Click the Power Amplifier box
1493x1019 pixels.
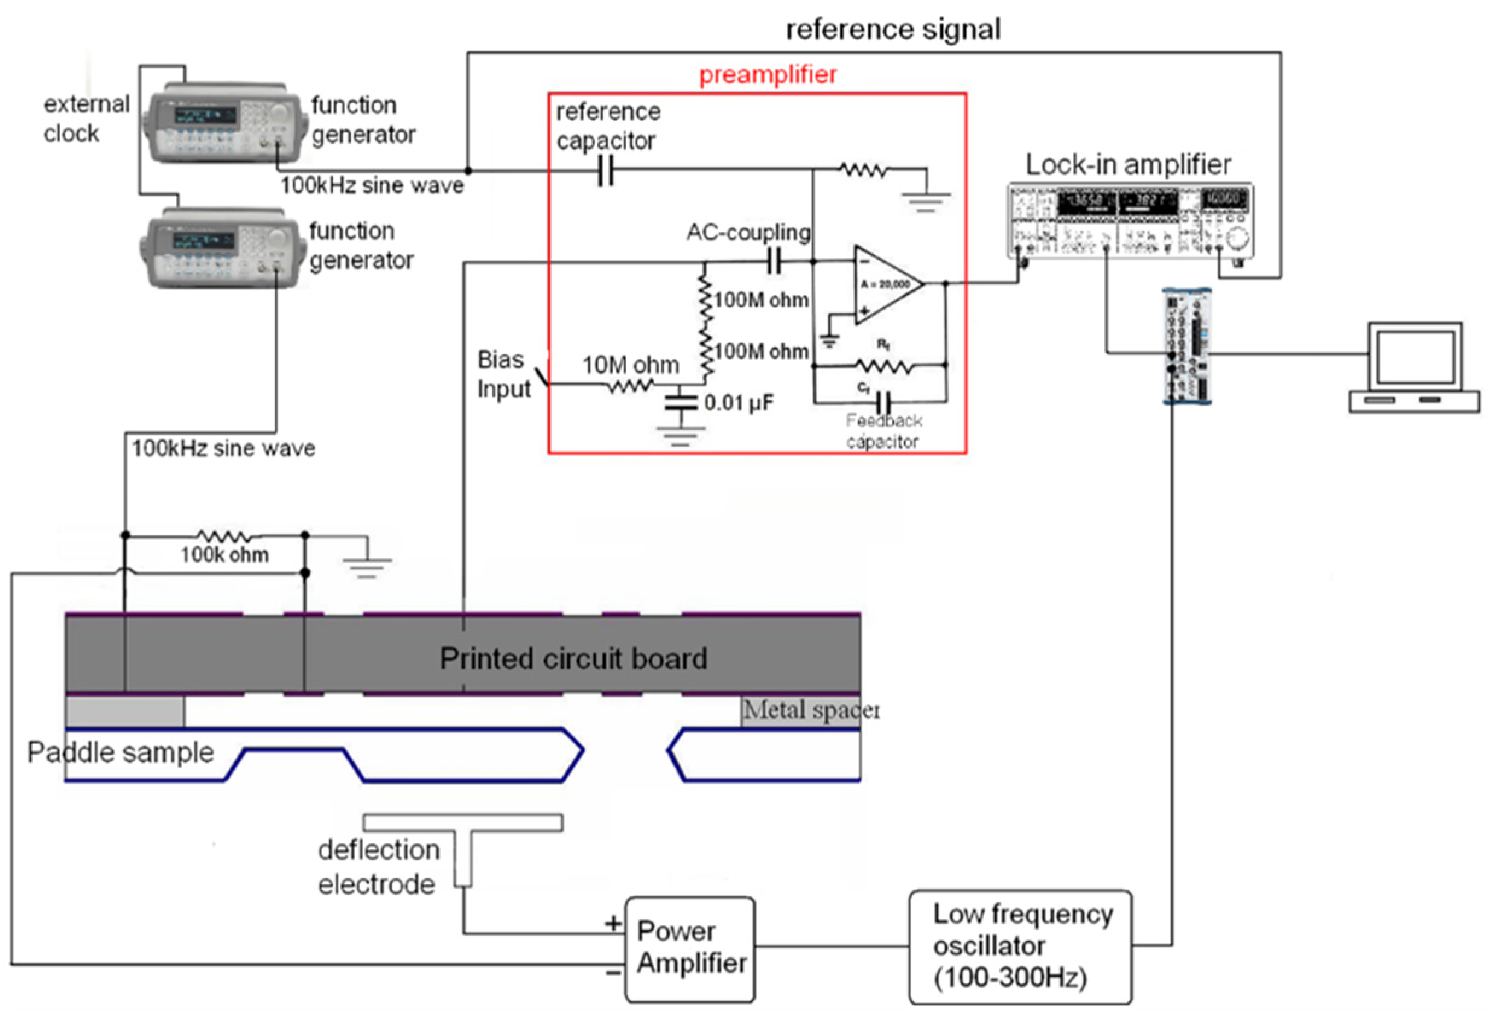(690, 948)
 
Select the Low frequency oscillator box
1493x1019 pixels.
(1019, 946)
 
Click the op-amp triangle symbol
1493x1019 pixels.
(887, 284)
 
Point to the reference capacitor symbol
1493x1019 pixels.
(605, 171)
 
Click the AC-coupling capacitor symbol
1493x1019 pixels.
(774, 261)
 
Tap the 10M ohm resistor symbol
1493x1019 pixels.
(629, 385)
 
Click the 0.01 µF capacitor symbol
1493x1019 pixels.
(680, 403)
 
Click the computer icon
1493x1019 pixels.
(1413, 368)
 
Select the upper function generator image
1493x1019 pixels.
(221, 123)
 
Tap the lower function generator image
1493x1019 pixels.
(221, 248)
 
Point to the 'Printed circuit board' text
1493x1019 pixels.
(573, 659)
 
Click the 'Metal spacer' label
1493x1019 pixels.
(810, 710)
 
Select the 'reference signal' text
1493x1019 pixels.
(893, 30)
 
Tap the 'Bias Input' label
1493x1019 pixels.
(504, 374)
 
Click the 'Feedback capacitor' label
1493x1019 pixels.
(883, 430)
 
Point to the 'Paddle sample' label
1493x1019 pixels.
(120, 752)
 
